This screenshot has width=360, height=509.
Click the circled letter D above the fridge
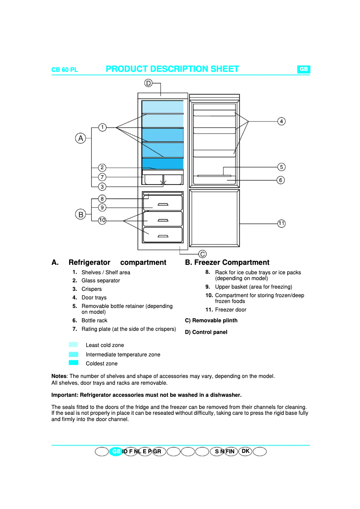click(148, 83)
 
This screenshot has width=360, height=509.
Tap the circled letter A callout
click(80, 138)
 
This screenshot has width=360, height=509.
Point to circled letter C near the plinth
click(202, 254)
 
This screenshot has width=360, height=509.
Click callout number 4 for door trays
click(281, 121)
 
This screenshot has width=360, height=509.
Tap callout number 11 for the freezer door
click(281, 223)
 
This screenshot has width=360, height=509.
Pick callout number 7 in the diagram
click(102, 177)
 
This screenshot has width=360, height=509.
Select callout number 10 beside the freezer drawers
click(102, 220)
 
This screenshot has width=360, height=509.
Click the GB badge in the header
click(303, 69)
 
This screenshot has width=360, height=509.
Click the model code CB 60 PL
click(65, 70)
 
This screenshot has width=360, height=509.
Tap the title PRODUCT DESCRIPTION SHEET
click(172, 69)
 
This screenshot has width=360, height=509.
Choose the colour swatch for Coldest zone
click(74, 363)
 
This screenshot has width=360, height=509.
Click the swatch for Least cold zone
click(74, 345)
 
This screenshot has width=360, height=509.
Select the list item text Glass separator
click(101, 281)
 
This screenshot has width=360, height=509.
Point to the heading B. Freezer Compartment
click(227, 263)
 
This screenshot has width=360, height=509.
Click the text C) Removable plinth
click(211, 320)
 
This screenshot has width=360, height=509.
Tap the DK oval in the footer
click(245, 451)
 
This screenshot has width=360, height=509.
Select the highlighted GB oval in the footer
click(116, 452)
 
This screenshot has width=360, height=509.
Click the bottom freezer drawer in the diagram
click(163, 235)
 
